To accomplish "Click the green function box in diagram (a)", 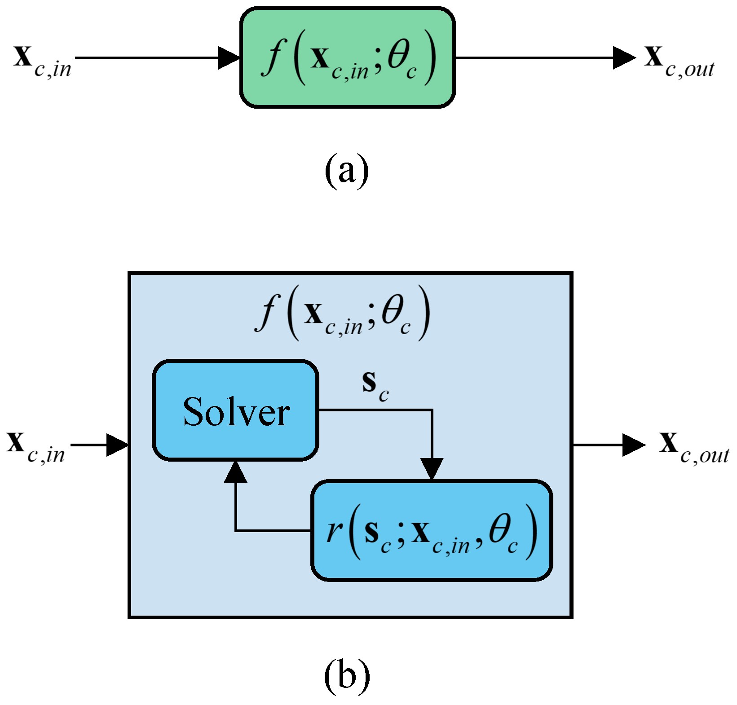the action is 348,57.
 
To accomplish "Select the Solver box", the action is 236,410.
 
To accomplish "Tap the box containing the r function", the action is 432,530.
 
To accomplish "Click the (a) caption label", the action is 346,171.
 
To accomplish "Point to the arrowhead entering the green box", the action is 229,57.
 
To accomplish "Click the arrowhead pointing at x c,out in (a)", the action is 625,57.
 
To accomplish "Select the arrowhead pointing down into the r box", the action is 432,469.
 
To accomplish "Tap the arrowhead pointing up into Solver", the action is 236,471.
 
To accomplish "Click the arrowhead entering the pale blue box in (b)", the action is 118,445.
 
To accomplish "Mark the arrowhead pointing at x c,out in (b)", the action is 634,445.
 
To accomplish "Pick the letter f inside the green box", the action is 272,57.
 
